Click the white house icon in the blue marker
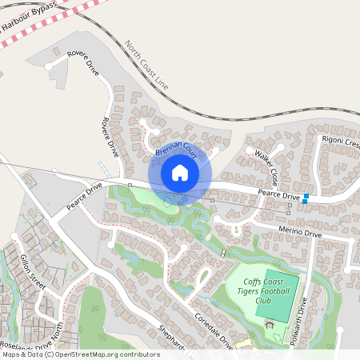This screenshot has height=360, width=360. (x=179, y=173)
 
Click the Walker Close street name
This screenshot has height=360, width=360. (x=265, y=163)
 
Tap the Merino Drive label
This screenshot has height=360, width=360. (x=300, y=234)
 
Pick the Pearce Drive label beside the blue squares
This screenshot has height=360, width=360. (x=278, y=194)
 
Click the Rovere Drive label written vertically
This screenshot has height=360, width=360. (x=106, y=135)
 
